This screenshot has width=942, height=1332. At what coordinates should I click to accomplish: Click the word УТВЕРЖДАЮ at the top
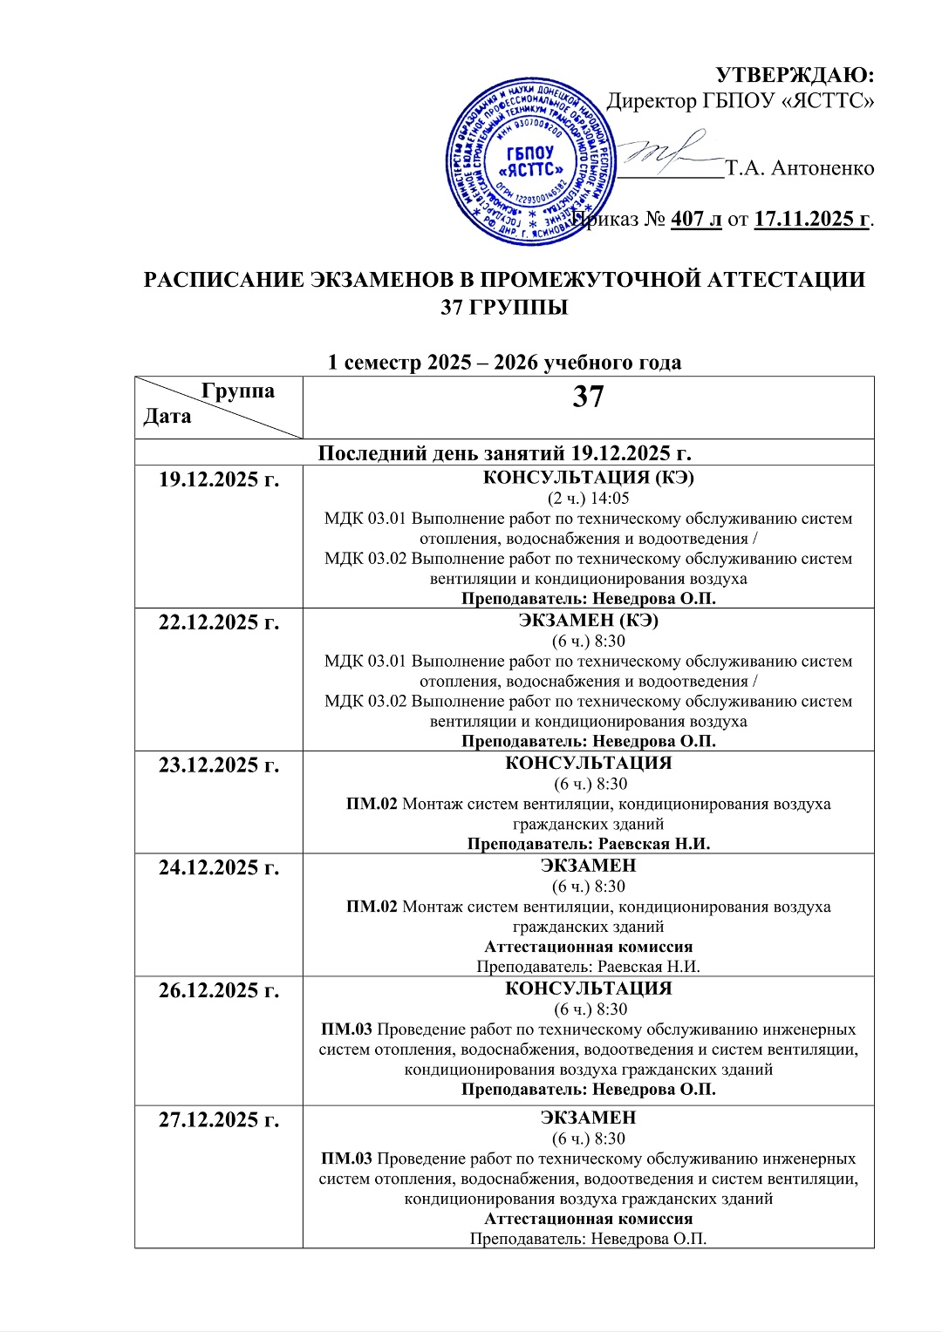(x=795, y=75)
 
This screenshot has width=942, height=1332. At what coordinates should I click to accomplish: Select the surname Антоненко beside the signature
(x=823, y=168)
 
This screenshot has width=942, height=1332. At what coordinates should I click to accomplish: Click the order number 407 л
(x=696, y=219)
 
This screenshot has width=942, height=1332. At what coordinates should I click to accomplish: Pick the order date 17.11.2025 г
(x=812, y=219)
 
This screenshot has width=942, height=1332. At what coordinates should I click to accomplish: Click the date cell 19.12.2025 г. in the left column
(x=219, y=479)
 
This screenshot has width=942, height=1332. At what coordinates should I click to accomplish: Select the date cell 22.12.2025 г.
(x=219, y=622)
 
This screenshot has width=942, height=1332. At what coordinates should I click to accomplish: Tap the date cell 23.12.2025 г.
(x=219, y=765)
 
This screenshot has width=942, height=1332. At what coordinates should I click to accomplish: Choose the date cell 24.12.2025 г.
(x=219, y=868)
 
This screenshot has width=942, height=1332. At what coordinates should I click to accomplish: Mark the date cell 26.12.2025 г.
(x=219, y=991)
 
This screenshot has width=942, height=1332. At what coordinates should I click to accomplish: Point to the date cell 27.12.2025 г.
(x=219, y=1120)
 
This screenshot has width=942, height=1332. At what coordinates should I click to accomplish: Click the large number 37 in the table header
(x=588, y=398)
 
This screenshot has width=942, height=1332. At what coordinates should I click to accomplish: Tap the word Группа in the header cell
(x=238, y=391)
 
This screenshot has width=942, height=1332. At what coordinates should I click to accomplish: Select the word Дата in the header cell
(x=167, y=416)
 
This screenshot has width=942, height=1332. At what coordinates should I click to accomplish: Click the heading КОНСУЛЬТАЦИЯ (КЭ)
(x=588, y=478)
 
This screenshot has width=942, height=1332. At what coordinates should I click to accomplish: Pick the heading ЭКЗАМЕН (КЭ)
(x=588, y=621)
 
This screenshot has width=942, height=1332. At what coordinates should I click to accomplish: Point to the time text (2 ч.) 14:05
(x=588, y=499)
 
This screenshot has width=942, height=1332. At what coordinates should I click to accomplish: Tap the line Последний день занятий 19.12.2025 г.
(x=504, y=453)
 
